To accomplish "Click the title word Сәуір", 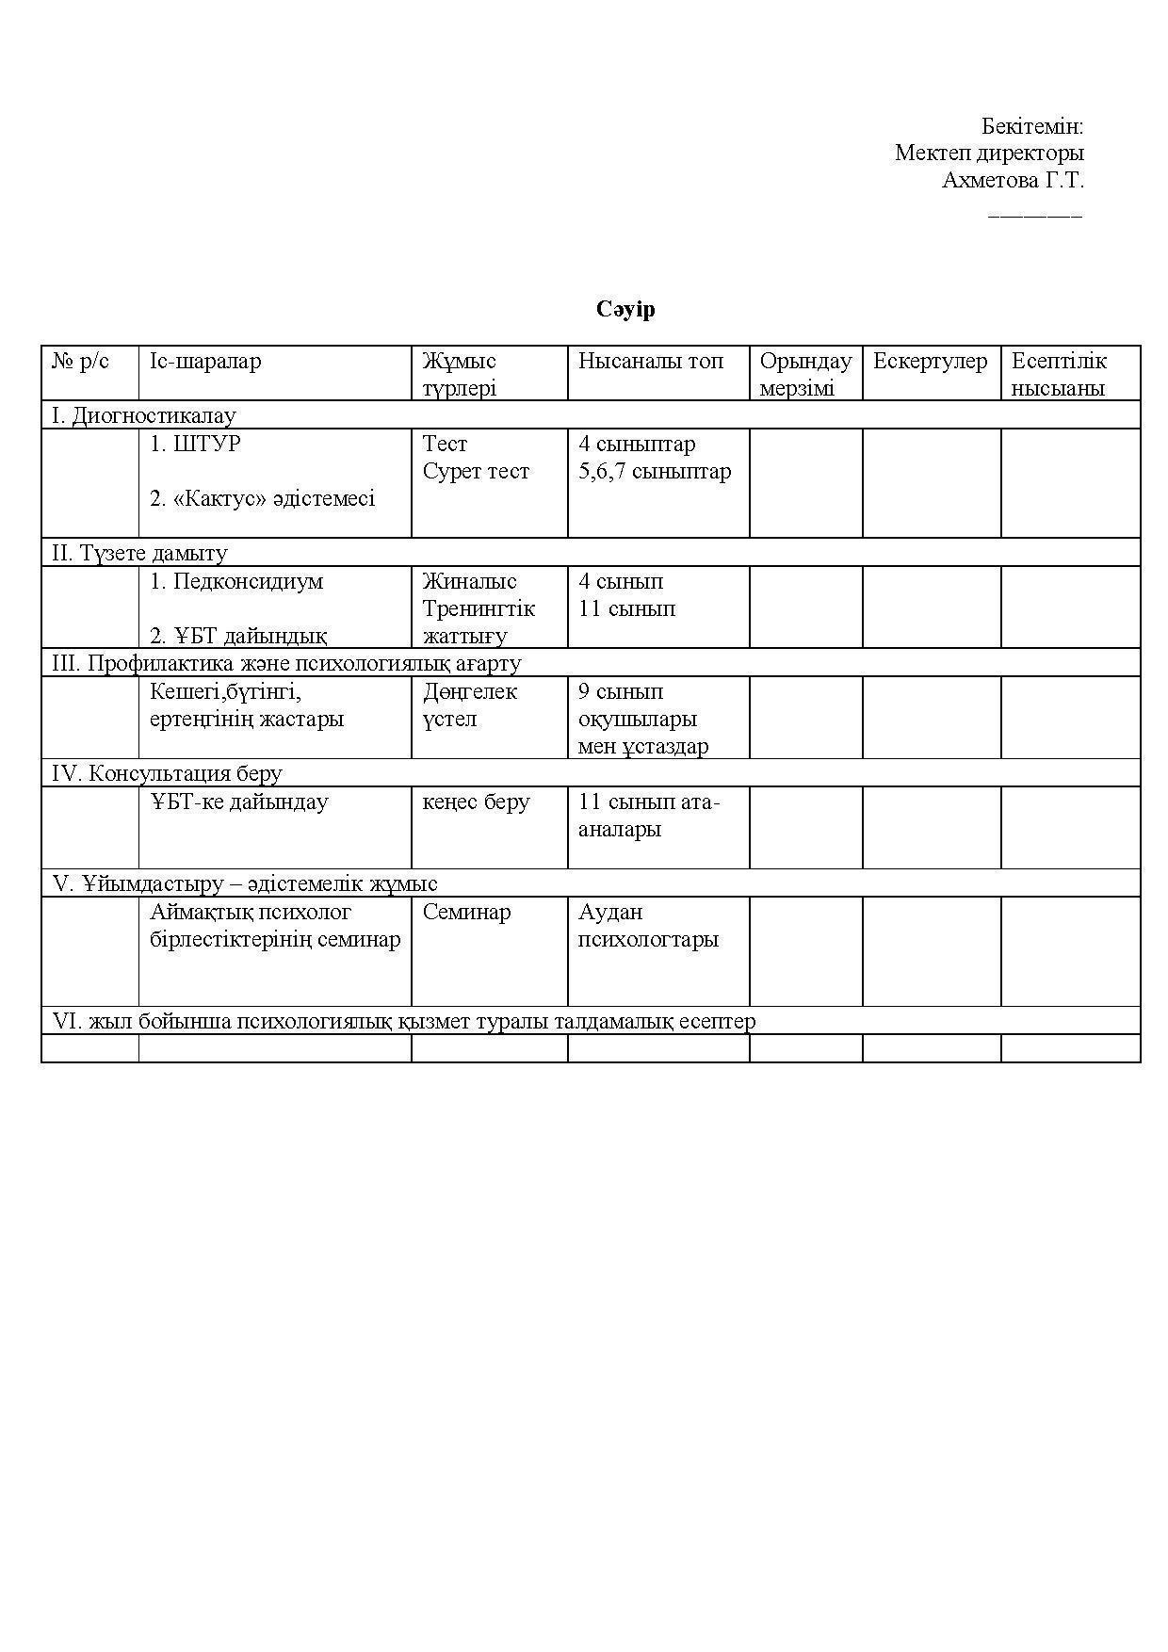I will click(x=625, y=310).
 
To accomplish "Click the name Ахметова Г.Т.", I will click(x=1013, y=180).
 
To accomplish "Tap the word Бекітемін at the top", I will click(x=1032, y=126).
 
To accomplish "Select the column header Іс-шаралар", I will click(x=205, y=361).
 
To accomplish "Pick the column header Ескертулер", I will click(x=930, y=361).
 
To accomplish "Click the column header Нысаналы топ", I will click(x=651, y=361).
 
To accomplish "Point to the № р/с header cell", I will click(x=81, y=361).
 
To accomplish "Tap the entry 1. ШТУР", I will click(x=195, y=444).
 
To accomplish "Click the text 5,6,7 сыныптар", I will click(x=655, y=471).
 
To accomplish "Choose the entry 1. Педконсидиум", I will click(x=236, y=581).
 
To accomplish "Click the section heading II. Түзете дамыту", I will click(x=139, y=553).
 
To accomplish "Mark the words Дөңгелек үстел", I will click(x=470, y=705).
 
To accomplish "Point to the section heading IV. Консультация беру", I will click(x=167, y=773).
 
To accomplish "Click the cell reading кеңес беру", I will click(x=476, y=802).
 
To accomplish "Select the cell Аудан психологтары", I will click(x=648, y=925).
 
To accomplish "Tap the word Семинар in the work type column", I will click(x=466, y=912).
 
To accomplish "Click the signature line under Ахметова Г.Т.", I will click(x=1035, y=216).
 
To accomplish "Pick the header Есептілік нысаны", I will click(x=1059, y=374).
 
